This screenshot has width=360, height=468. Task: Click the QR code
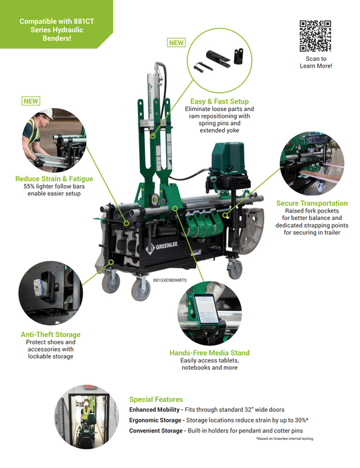(x=315, y=36)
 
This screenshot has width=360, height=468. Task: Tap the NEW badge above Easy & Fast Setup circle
(x=176, y=43)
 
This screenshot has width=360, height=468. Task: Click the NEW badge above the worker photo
(x=31, y=101)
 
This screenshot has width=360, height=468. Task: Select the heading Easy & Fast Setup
(x=219, y=102)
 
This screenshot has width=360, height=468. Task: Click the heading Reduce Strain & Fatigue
(x=54, y=179)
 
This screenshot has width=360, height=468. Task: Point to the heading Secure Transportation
(x=312, y=203)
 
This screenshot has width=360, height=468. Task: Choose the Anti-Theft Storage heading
(x=50, y=334)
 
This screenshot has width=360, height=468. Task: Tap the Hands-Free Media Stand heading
(x=209, y=353)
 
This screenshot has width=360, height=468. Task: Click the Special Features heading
(x=156, y=399)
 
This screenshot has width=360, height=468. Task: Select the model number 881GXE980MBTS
(x=170, y=280)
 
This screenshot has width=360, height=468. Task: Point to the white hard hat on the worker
(x=47, y=113)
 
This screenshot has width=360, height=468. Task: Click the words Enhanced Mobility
(x=154, y=409)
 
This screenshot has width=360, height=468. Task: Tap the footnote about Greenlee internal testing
(x=284, y=439)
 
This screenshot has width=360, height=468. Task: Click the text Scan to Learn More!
(x=316, y=62)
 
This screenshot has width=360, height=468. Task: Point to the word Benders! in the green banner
(x=57, y=38)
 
